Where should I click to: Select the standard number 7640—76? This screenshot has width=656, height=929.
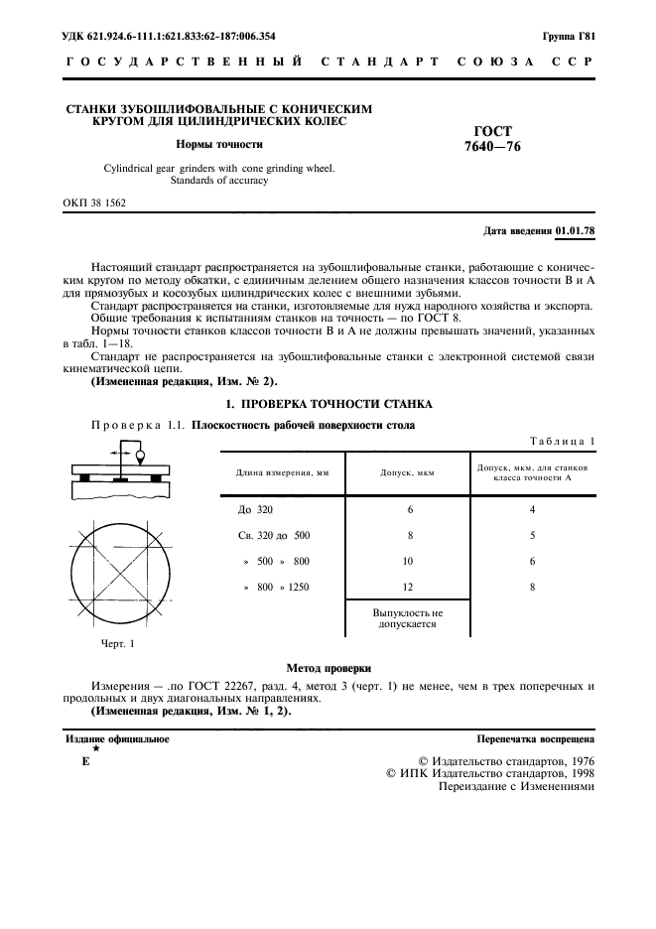(493, 147)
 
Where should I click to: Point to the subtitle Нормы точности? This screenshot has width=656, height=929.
(218, 144)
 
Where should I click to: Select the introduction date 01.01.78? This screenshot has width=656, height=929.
(575, 231)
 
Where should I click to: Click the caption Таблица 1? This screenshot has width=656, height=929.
(563, 441)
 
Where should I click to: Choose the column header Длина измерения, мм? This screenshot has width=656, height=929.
(282, 472)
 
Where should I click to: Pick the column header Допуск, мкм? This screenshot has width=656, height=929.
(408, 472)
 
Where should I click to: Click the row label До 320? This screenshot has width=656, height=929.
(255, 509)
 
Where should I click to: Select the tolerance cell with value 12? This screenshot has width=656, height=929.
(408, 588)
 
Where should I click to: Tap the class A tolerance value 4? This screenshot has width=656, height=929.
(532, 509)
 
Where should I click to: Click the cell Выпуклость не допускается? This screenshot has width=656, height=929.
(408, 619)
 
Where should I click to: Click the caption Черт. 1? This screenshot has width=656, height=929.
(117, 643)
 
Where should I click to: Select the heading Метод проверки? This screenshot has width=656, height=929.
(328, 668)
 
